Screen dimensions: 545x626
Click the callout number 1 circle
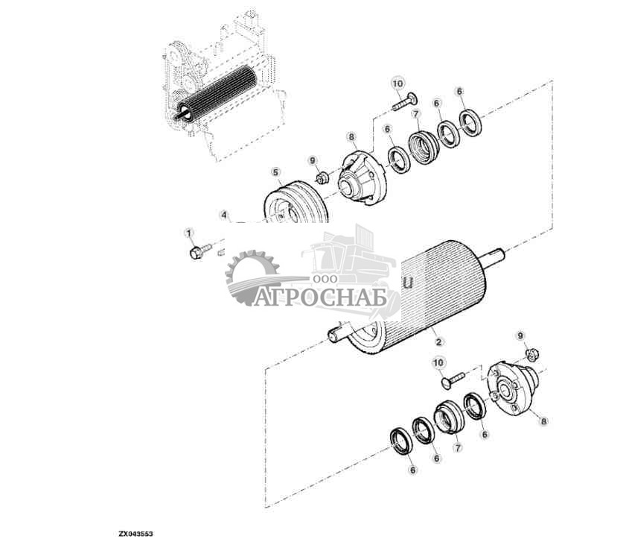coord(188,233)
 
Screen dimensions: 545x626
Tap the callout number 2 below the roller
coord(439,341)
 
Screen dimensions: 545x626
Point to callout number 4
coord(223,215)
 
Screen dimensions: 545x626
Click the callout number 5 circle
coord(275,172)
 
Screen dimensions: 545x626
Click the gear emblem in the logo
coord(252,277)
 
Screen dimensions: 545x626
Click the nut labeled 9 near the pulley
coord(323,178)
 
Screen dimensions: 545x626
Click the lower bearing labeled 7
coord(450,417)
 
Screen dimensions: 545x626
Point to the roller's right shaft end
coord(496,259)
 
